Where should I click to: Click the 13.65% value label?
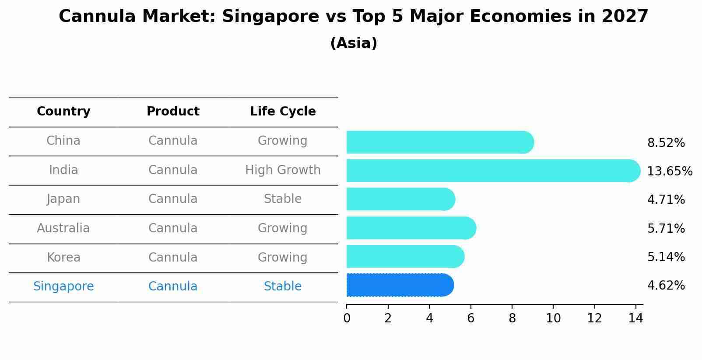click(x=669, y=171)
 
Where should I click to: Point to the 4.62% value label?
click(x=666, y=286)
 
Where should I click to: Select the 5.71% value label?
click(x=666, y=228)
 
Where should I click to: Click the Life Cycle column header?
click(x=283, y=112)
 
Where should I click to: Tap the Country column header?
click(x=63, y=112)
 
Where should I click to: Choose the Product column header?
click(x=173, y=112)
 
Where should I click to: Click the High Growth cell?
click(x=283, y=170)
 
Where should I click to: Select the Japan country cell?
click(x=63, y=199)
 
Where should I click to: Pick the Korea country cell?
click(x=63, y=258)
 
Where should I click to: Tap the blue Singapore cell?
click(x=63, y=287)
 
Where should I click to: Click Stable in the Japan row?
click(x=283, y=199)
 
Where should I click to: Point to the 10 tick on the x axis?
click(x=553, y=318)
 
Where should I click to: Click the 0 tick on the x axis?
click(x=347, y=318)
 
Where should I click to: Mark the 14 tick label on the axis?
click(x=635, y=318)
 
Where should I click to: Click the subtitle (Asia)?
click(x=354, y=43)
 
